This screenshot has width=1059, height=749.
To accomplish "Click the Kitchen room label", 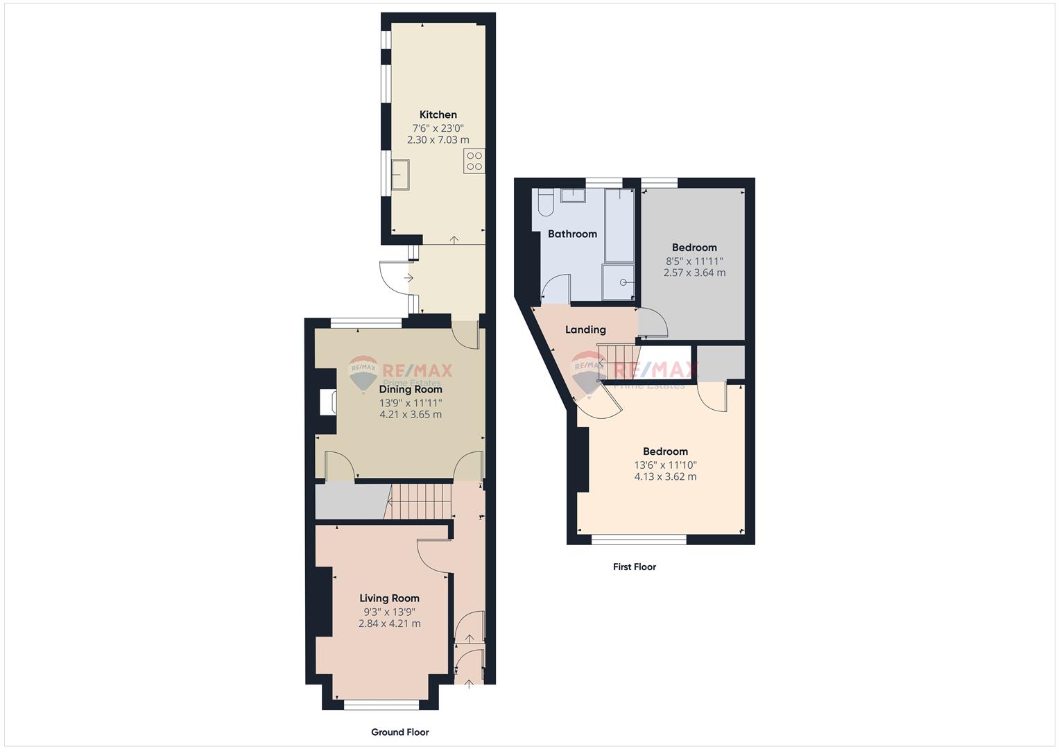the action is tap(438, 114).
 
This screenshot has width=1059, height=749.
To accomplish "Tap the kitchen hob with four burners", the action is tap(474, 161).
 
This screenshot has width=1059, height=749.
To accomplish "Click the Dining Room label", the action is tap(411, 389).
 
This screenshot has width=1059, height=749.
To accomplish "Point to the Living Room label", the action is tap(389, 598).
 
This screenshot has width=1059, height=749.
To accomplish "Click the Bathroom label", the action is tap(572, 234).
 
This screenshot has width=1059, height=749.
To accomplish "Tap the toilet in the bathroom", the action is tap(545, 202).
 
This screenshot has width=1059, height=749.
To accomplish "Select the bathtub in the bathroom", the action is tap(619, 225).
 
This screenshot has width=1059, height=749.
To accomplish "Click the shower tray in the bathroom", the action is tap(619, 282).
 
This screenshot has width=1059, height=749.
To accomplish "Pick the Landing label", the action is tap(585, 329).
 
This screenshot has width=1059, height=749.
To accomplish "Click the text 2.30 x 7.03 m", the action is tap(438, 140).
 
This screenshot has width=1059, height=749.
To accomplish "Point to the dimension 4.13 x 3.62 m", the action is tap(665, 476).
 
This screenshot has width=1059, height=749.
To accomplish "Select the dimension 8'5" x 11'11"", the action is tap(694, 261).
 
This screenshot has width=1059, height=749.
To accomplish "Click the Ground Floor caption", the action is tap(400, 732).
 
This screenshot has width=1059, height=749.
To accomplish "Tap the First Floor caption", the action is tap(635, 567).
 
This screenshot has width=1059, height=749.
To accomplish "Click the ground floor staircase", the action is tap(418, 501).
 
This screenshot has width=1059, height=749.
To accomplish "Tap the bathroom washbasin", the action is tap(573, 196).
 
